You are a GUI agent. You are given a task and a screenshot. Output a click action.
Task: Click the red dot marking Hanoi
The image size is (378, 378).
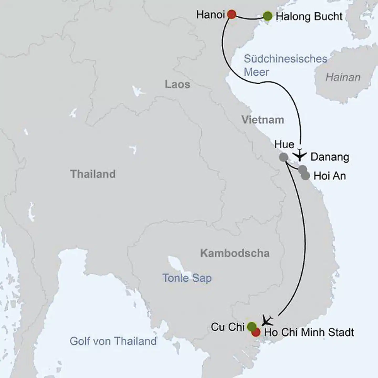point(232,14)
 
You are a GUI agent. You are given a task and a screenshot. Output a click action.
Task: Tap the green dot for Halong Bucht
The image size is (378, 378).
point(267,16)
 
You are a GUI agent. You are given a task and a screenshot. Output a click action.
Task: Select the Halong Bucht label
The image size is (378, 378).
point(309,17)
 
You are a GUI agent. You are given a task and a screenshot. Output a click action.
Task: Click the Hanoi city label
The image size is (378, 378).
point(210,15)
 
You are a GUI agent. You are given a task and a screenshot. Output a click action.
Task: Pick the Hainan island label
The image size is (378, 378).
point(343,77)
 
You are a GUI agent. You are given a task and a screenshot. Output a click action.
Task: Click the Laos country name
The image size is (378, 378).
point(177,85)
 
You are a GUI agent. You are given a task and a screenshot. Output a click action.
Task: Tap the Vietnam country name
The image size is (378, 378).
point(263,120)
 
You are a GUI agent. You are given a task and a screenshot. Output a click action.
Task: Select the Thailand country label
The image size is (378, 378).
point(93,174)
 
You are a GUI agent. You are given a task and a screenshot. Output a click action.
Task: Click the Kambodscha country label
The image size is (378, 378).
point(235,253)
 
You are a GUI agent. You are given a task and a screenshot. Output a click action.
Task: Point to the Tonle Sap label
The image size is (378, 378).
point(187,278)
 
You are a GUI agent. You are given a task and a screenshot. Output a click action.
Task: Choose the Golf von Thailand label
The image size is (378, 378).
point(113,341)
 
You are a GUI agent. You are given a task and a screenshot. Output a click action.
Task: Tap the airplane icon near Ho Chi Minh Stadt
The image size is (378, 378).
point(267,320)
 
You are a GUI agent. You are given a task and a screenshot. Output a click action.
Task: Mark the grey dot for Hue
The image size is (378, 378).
point(283,157)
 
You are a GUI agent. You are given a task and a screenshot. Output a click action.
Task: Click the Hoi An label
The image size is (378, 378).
point(330,176)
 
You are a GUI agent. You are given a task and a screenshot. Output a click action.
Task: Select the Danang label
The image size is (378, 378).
point(330,157)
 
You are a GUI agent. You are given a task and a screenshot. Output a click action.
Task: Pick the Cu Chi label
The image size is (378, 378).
point(228,327)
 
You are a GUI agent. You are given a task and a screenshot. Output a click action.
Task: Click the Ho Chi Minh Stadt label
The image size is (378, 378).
point(309,332)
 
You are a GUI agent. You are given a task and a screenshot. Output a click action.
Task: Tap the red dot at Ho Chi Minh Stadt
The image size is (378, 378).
point(256,332)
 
